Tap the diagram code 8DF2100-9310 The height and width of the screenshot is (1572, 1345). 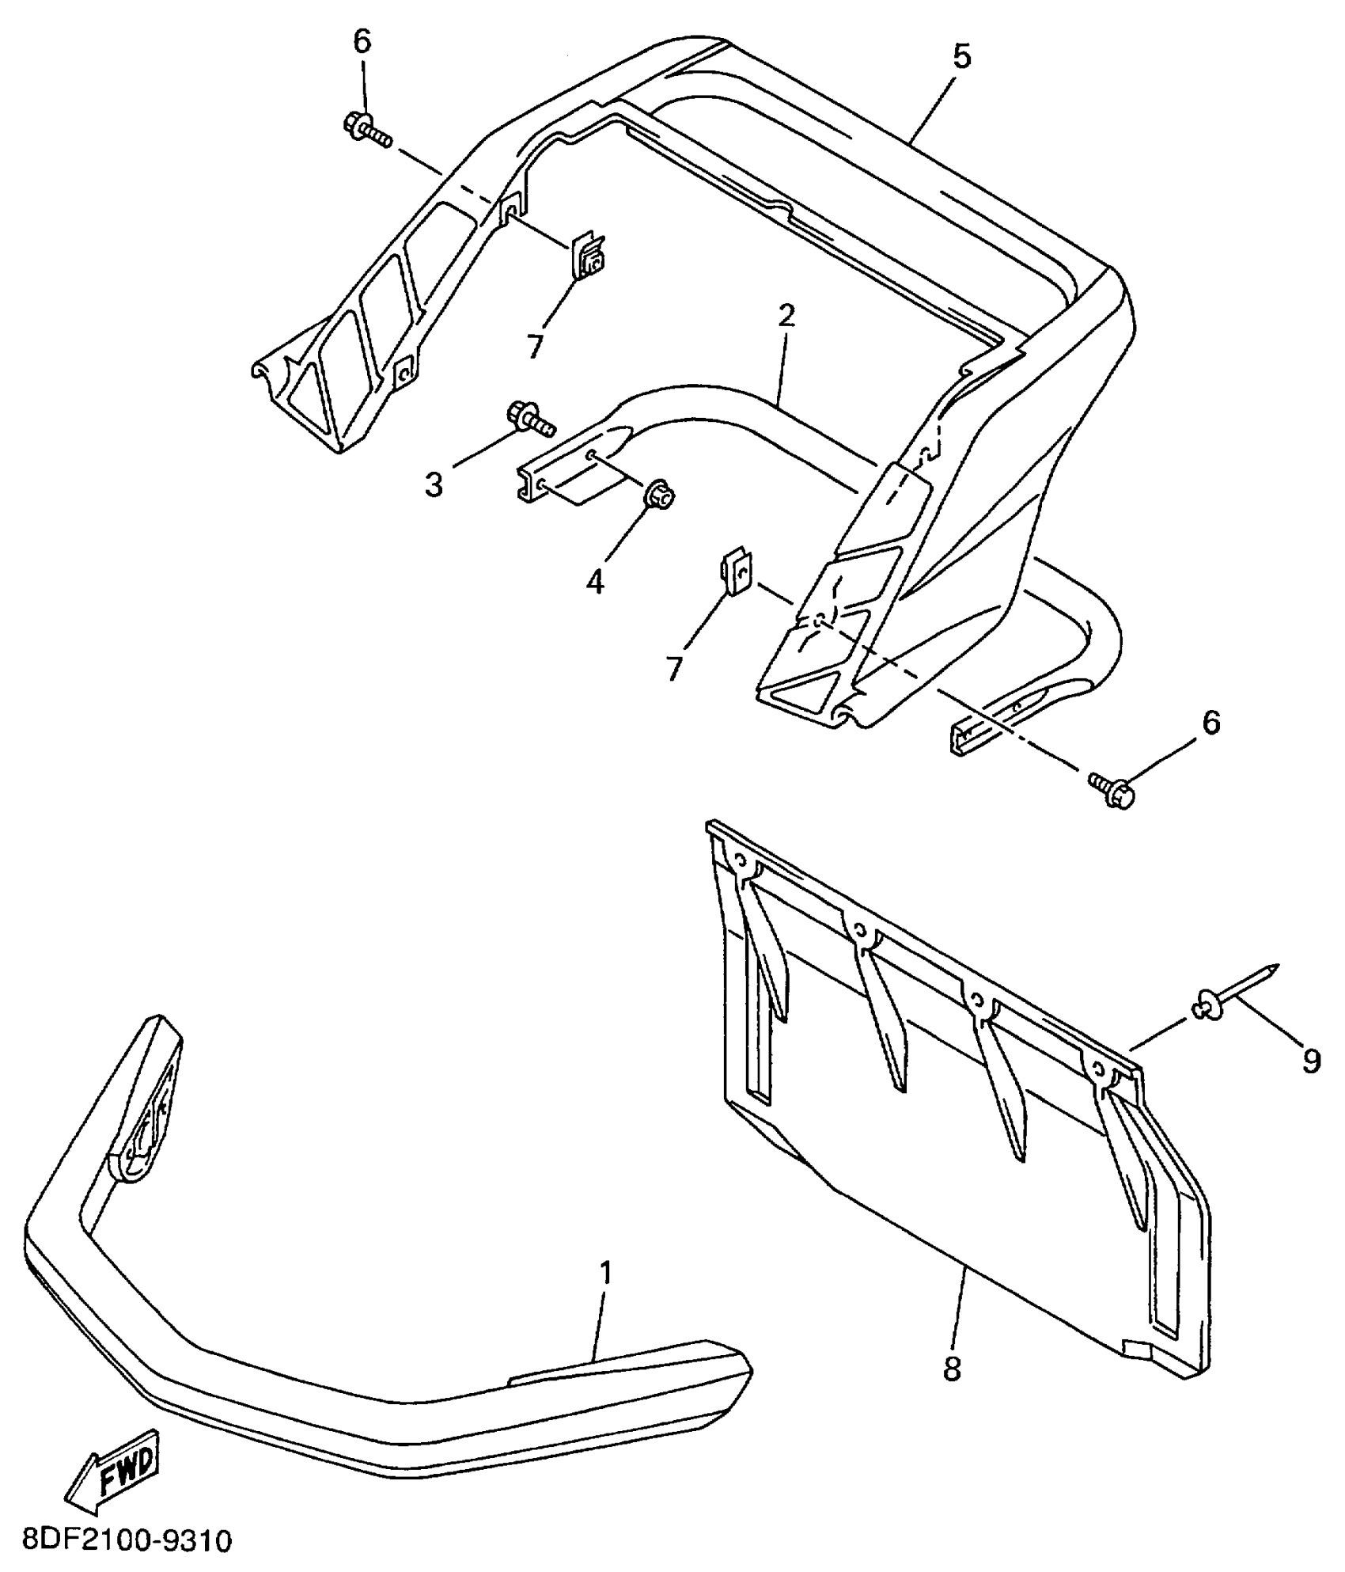click(x=119, y=1541)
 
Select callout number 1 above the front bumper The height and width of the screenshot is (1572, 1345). click(x=606, y=1273)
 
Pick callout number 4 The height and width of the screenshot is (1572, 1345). click(x=595, y=582)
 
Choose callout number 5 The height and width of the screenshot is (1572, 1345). click(x=962, y=57)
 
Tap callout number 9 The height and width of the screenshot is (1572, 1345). click(x=1311, y=1061)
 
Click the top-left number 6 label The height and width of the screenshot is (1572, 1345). click(x=362, y=43)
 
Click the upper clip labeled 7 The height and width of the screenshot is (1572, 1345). click(x=588, y=256)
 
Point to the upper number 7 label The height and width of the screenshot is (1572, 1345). click(x=536, y=345)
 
